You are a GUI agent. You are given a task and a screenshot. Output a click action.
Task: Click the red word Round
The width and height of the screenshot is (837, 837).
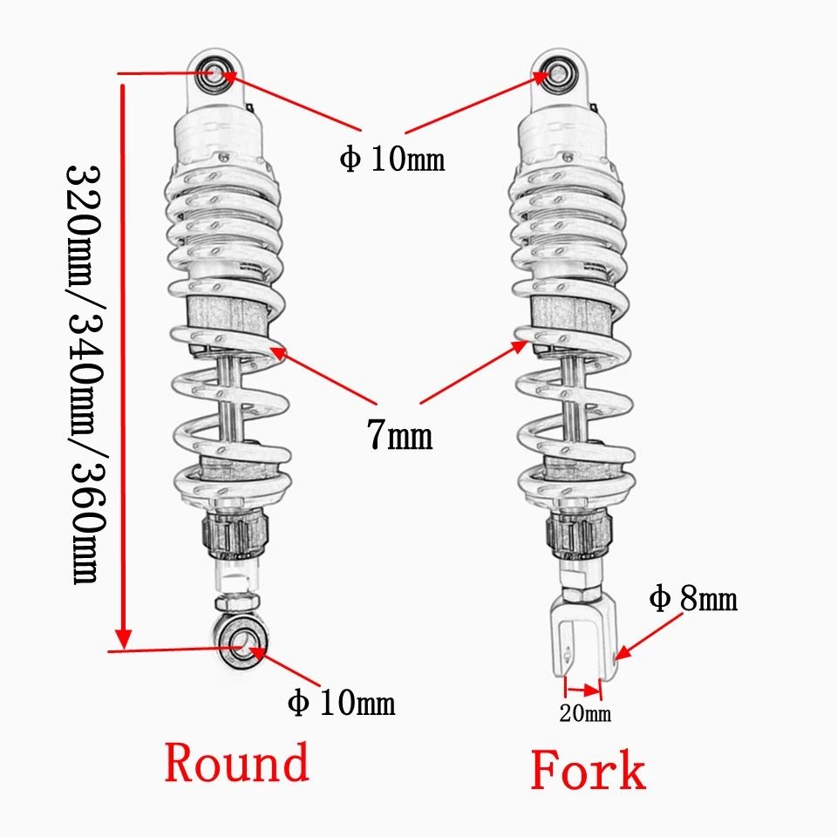pyautogui.click(x=236, y=763)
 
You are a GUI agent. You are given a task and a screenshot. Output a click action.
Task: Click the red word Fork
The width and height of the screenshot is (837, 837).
pyautogui.click(x=589, y=771)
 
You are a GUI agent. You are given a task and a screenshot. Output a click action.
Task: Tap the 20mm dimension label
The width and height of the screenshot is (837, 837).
pyautogui.click(x=585, y=715)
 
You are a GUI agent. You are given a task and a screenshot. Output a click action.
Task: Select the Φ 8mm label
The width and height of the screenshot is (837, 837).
pyautogui.click(x=693, y=600)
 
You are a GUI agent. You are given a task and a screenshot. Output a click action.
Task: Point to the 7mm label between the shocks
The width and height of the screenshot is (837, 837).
pyautogui.click(x=398, y=434)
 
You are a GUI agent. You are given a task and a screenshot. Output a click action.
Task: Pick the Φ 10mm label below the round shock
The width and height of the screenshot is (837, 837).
pyautogui.click(x=343, y=703)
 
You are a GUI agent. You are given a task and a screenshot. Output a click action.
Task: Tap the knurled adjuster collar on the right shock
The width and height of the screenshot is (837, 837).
pyautogui.click(x=577, y=534)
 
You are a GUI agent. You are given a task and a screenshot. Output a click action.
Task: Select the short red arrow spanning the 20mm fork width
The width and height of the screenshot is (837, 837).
pyautogui.click(x=582, y=689)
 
